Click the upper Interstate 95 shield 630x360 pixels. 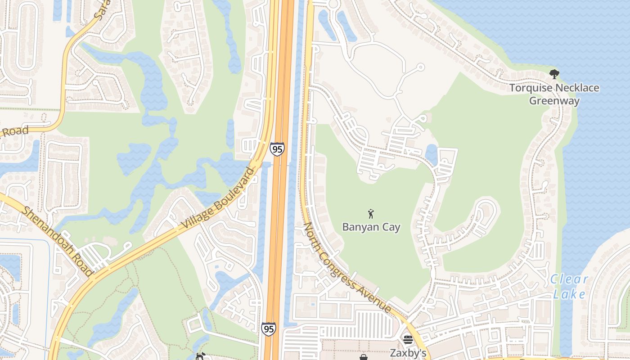pyautogui.click(x=277, y=149)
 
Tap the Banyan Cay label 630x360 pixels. pyautogui.click(x=371, y=227)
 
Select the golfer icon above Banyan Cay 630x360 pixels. pyautogui.click(x=371, y=213)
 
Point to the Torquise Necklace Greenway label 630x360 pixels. pyautogui.click(x=554, y=94)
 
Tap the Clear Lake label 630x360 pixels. pyautogui.click(x=569, y=287)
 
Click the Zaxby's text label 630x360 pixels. pyautogui.click(x=408, y=352)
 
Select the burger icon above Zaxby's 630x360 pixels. pyautogui.click(x=408, y=340)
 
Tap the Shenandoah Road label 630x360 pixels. pyautogui.click(x=58, y=241)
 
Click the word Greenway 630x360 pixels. pyautogui.click(x=554, y=100)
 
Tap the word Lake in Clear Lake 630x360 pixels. pyautogui.click(x=569, y=294)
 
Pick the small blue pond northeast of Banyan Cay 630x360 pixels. pyautogui.click(x=431, y=154)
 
